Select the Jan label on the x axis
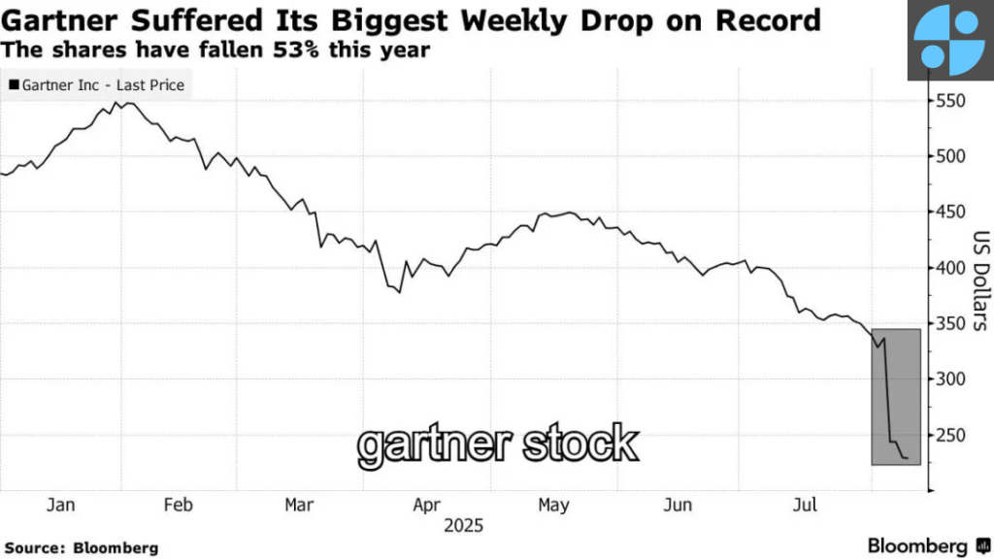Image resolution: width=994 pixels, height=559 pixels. (60, 505)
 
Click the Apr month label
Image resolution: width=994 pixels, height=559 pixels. (427, 505)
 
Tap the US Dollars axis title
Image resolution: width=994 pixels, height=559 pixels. (978, 281)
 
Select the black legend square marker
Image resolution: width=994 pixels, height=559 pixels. (14, 85)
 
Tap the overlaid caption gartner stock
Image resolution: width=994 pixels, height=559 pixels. (498, 444)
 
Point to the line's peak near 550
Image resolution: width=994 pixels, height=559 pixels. (118, 102)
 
